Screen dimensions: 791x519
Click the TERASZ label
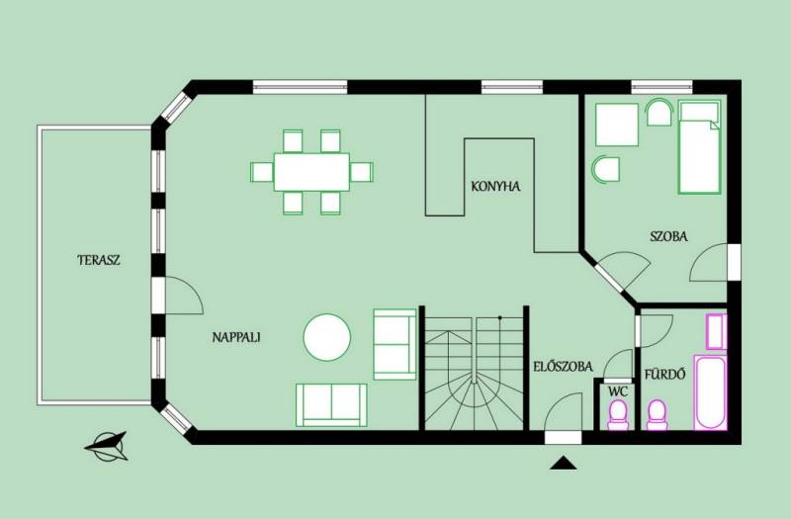(x=99, y=260)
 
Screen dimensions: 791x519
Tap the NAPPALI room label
(x=236, y=337)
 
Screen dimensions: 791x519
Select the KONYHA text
(x=495, y=186)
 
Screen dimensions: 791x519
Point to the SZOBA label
(x=668, y=236)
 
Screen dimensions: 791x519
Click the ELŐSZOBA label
(x=563, y=366)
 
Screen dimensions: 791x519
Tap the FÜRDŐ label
(x=664, y=375)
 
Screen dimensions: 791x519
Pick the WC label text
(x=617, y=391)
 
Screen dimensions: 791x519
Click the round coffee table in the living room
(x=327, y=337)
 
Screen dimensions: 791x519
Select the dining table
(x=311, y=172)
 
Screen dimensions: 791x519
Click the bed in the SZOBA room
(x=699, y=146)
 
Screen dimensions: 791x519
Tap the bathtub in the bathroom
(x=710, y=392)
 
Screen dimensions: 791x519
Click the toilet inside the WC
(x=618, y=415)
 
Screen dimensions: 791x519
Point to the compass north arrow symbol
(x=107, y=446)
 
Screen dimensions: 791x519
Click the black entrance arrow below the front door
(x=563, y=463)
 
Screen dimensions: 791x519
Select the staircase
(x=474, y=373)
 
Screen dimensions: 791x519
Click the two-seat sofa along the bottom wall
(x=331, y=405)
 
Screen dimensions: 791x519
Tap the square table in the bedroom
(x=616, y=125)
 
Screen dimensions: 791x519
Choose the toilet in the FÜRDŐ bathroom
(x=657, y=415)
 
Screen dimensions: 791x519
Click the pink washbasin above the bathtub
(x=716, y=331)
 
